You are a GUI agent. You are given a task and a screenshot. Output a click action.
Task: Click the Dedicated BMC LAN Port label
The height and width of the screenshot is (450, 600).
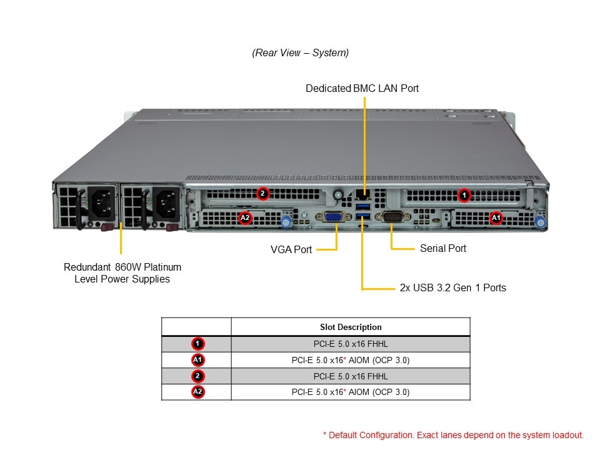(x=362, y=89)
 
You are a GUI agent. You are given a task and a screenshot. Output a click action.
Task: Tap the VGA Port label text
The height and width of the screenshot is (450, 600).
(x=291, y=249)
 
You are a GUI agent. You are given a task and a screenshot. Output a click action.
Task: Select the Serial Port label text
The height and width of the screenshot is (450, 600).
(x=442, y=248)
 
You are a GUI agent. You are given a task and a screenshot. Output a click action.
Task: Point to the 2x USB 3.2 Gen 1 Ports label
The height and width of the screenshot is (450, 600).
(x=452, y=287)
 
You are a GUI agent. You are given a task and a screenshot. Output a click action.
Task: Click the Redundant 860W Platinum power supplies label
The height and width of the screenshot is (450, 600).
(x=122, y=273)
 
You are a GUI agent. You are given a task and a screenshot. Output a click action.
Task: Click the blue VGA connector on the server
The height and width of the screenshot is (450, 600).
(x=333, y=217)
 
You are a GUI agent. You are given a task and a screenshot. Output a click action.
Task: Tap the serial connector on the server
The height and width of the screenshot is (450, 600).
(x=391, y=216)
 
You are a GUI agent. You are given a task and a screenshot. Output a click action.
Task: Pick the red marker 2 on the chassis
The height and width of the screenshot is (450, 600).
(x=263, y=194)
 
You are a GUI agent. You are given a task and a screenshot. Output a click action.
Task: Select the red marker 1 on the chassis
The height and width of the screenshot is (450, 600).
(x=464, y=195)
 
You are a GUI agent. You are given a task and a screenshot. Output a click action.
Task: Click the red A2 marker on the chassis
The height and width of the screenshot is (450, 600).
(x=245, y=218)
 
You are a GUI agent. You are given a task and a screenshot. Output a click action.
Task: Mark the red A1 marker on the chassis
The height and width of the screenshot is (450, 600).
(x=496, y=217)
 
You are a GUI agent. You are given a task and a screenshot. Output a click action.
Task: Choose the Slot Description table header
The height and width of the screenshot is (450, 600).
(x=350, y=327)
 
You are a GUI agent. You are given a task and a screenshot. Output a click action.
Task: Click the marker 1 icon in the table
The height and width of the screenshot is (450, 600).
(x=197, y=344)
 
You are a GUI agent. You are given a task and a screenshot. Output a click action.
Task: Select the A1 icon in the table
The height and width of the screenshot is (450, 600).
(x=197, y=360)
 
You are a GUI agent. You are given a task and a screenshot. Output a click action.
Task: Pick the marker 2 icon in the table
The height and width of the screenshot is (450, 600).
(x=197, y=376)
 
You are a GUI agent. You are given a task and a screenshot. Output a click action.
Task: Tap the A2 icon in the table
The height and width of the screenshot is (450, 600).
(x=197, y=392)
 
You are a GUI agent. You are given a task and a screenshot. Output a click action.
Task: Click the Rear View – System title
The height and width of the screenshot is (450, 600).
(x=301, y=53)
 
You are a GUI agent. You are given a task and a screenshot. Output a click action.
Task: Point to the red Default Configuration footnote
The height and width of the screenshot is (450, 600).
(x=453, y=435)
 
